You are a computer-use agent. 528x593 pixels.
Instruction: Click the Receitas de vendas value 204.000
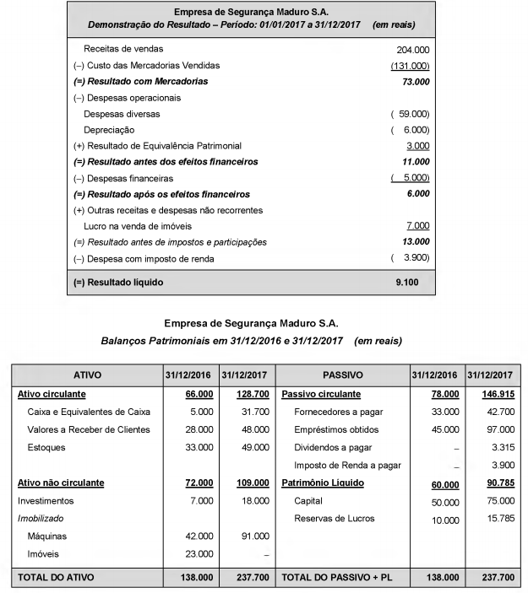[412, 50]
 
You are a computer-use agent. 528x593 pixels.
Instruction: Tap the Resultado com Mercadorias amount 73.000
[412, 82]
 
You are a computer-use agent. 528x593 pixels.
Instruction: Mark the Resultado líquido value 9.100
[407, 282]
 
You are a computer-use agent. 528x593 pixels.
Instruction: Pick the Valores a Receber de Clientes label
[88, 429]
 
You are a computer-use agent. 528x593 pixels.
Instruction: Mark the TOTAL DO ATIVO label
[55, 578]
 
